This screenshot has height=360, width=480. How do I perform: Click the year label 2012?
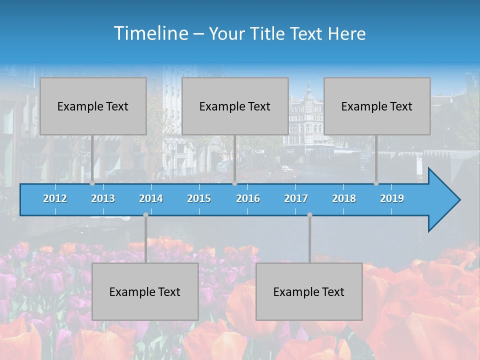55,198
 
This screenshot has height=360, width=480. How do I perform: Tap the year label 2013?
103,198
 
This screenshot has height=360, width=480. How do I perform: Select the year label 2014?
151,198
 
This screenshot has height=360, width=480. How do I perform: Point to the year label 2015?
199,198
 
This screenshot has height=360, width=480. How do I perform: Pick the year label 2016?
248,198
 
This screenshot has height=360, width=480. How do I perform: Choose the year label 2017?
296,198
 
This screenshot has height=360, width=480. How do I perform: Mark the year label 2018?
344,198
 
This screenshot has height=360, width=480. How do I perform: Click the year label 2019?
392,198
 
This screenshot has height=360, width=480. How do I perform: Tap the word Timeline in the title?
150,33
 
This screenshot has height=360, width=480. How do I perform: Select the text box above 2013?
93,106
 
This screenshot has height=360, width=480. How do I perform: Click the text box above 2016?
235,106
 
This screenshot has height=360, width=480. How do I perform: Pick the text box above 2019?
377,106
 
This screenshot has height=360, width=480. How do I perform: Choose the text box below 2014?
145,291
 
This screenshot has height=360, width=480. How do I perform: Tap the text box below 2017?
309,291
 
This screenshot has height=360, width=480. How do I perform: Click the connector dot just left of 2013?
92,183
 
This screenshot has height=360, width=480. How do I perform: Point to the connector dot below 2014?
145,215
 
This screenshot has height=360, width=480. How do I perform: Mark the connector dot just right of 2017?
309,215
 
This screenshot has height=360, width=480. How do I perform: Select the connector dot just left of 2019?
376,183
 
